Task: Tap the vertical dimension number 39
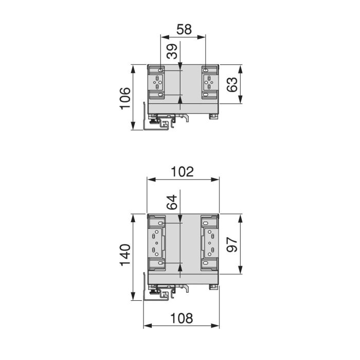[x=173, y=52]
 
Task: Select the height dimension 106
[x=125, y=98]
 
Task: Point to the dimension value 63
[x=232, y=84]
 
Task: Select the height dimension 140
[x=125, y=256]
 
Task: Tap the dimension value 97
[x=232, y=244]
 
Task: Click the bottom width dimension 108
[x=182, y=317]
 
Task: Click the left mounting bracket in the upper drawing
[x=157, y=82]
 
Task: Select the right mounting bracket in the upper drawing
[x=209, y=82]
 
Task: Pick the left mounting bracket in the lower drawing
[x=157, y=242]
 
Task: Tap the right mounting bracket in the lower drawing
[x=209, y=242]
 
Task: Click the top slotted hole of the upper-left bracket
[x=161, y=70]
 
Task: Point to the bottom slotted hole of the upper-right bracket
[x=206, y=95]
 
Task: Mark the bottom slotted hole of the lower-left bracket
[x=161, y=263]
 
